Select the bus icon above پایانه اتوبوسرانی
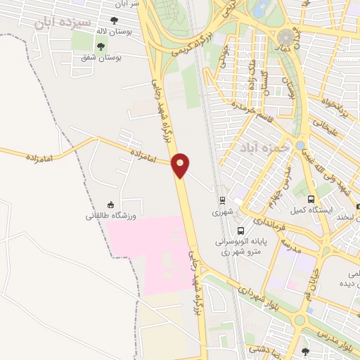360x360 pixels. (241, 231)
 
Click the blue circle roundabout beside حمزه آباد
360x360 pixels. (300, 145)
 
